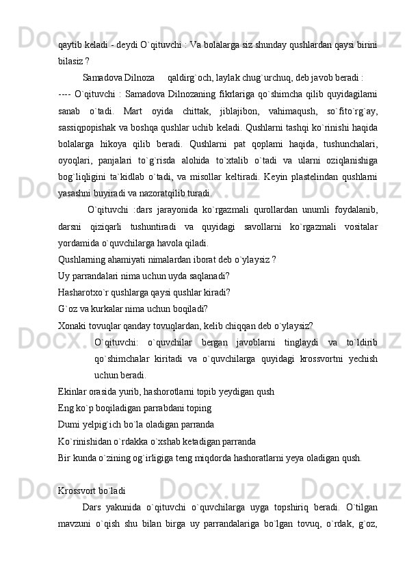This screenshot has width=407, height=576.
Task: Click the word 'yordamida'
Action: click(x=77, y=241)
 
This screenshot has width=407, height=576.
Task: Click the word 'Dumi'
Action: click(x=70, y=424)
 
